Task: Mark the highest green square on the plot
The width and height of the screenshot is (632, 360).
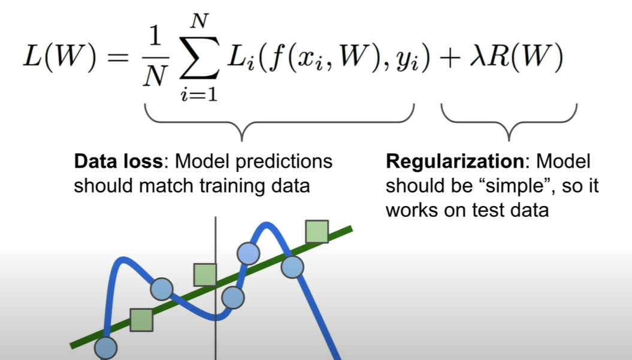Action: tap(316, 231)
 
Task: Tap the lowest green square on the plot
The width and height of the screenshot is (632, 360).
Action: tap(141, 320)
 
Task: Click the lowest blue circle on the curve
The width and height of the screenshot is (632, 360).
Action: tap(105, 346)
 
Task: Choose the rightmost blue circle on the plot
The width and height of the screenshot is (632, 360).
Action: tap(292, 267)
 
